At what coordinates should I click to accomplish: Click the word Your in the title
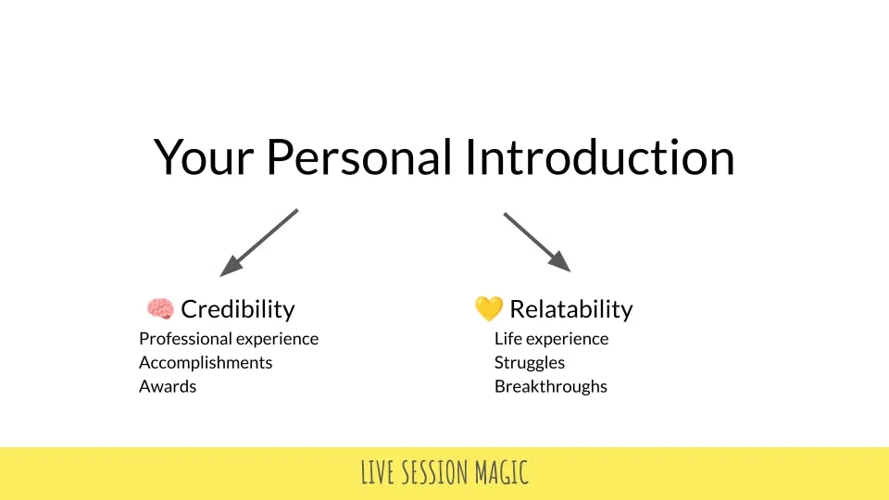pyautogui.click(x=204, y=157)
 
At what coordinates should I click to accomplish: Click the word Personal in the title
pyautogui.click(x=359, y=156)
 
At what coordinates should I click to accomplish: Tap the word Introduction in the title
pyautogui.click(x=600, y=156)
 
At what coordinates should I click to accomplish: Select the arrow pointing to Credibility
pyautogui.click(x=259, y=243)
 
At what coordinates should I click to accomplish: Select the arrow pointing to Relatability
pyautogui.click(x=537, y=243)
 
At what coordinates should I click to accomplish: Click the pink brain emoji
pyautogui.click(x=160, y=309)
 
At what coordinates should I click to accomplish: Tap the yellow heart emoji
pyautogui.click(x=489, y=308)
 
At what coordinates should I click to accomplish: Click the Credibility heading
pyautogui.click(x=238, y=309)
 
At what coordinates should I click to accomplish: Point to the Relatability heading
pyautogui.click(x=571, y=309)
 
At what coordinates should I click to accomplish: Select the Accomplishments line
pyautogui.click(x=206, y=363)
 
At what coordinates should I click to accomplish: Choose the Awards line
pyautogui.click(x=168, y=386)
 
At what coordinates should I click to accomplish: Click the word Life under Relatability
pyautogui.click(x=508, y=339)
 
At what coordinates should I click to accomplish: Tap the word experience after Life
pyautogui.click(x=567, y=340)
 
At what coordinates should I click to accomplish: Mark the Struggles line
pyautogui.click(x=530, y=363)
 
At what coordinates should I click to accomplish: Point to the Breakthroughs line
pyautogui.click(x=550, y=386)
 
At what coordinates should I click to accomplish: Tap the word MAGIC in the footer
pyautogui.click(x=502, y=472)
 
